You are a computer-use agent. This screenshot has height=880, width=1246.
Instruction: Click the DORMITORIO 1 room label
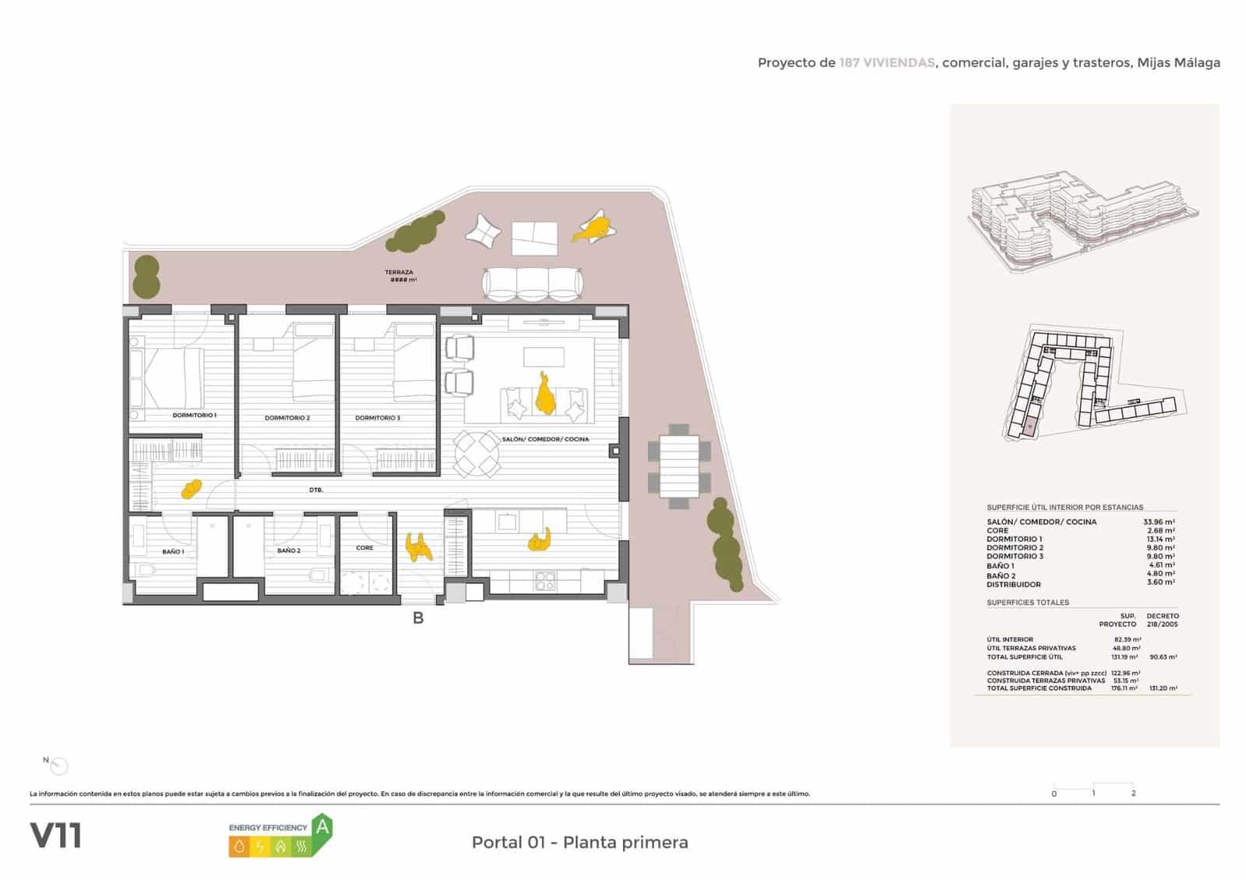click(194, 415)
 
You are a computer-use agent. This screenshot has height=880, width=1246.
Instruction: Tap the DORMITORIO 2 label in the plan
click(287, 418)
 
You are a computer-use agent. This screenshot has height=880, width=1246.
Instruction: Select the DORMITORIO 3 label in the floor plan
click(378, 418)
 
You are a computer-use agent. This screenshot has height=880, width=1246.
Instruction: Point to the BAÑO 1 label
click(173, 551)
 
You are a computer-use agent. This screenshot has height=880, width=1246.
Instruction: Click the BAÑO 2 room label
click(288, 551)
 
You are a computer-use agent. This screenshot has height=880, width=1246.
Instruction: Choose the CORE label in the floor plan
click(364, 547)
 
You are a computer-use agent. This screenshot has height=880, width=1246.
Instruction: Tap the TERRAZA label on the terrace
click(399, 273)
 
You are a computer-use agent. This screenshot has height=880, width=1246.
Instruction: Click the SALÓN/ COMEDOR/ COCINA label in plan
click(545, 439)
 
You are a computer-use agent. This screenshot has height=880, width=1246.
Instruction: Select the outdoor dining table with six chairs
click(679, 466)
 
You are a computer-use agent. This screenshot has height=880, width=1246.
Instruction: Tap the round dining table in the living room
click(476, 453)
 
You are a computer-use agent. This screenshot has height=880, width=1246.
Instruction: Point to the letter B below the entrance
click(418, 619)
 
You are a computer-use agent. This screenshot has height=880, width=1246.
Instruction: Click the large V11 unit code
click(55, 836)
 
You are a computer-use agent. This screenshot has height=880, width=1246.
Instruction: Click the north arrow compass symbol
click(58, 766)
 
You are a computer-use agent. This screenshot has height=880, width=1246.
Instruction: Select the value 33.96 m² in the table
click(1159, 522)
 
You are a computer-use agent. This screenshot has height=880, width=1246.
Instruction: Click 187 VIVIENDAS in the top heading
click(886, 63)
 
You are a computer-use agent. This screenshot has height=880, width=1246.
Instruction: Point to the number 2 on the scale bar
click(1133, 794)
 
